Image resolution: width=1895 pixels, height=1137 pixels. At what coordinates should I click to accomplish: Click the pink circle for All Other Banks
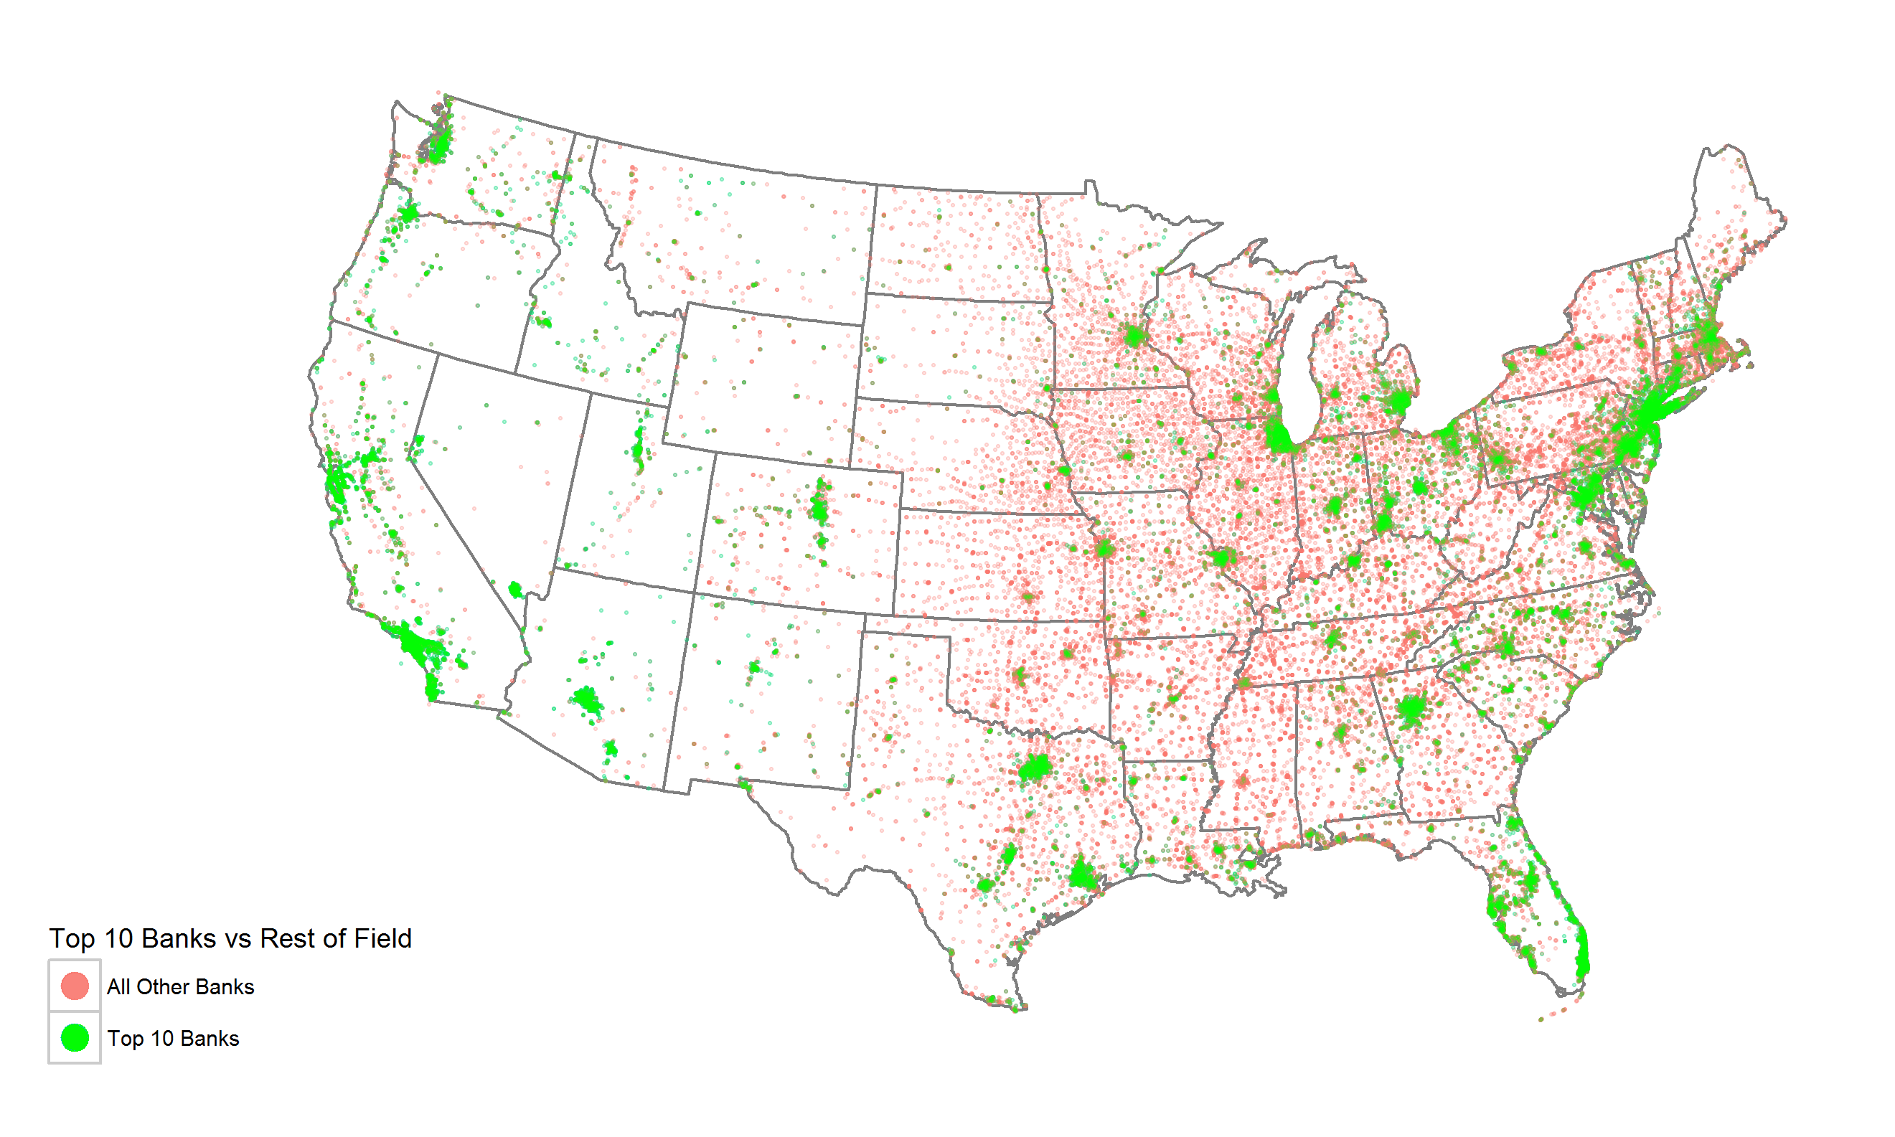pyautogui.click(x=75, y=986)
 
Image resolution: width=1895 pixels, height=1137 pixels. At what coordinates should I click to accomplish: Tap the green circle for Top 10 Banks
pyautogui.click(x=75, y=1037)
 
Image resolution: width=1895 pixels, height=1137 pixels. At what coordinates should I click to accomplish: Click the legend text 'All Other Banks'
pyautogui.click(x=180, y=987)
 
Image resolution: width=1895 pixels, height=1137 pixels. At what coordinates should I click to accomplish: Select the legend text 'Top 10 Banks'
pyautogui.click(x=173, y=1038)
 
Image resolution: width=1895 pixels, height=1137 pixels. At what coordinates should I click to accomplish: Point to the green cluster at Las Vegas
pyautogui.click(x=515, y=590)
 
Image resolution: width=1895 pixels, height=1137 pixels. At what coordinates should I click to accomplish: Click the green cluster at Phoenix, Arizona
pyautogui.click(x=587, y=701)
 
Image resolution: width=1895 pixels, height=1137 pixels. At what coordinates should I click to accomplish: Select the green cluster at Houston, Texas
pyautogui.click(x=1083, y=874)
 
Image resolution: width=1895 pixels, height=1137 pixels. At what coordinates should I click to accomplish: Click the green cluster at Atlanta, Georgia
pyautogui.click(x=1411, y=709)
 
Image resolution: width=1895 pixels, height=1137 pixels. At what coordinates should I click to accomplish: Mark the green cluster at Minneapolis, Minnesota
pyautogui.click(x=1134, y=336)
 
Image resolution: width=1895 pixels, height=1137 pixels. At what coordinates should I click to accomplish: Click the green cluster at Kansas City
pyautogui.click(x=1104, y=547)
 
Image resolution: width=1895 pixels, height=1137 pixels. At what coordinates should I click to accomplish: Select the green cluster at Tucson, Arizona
pyautogui.click(x=610, y=747)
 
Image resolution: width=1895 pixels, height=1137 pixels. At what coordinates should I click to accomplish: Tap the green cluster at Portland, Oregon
pyautogui.click(x=408, y=212)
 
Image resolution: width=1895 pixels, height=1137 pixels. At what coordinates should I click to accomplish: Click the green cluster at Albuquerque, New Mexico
pyautogui.click(x=755, y=667)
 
